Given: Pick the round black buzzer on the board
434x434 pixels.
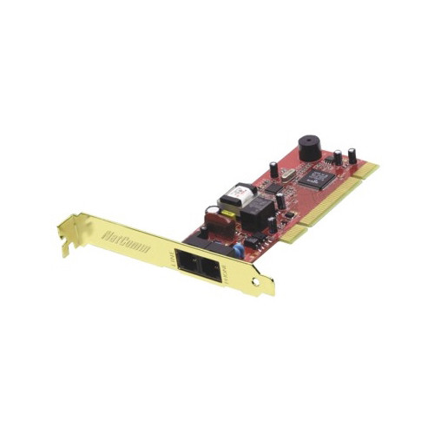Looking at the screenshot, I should pos(310,147).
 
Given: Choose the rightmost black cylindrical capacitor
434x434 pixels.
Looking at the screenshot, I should pos(352,155).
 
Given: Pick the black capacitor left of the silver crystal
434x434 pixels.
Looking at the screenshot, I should pos(274,169).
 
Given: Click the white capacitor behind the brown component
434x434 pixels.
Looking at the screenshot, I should pos(211,211).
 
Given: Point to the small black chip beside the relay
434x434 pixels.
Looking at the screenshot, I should pos(279,204).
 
